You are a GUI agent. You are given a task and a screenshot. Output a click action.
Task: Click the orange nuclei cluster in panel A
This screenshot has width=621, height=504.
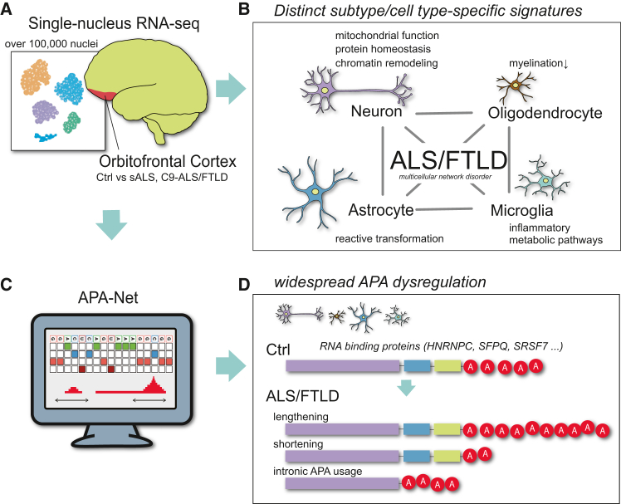click(x=36, y=77)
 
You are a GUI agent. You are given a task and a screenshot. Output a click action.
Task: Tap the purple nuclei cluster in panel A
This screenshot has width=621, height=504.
click(x=45, y=113)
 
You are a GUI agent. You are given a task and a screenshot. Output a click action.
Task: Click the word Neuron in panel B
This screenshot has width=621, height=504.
click(x=376, y=111)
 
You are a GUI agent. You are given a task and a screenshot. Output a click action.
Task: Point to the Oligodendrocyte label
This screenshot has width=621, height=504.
click(x=545, y=113)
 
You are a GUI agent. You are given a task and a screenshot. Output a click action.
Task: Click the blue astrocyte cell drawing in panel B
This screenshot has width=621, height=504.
click(x=315, y=191)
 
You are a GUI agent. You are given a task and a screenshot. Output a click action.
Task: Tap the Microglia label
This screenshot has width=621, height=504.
click(x=521, y=210)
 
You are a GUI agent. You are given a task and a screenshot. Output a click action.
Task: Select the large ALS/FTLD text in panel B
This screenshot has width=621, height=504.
click(x=448, y=160)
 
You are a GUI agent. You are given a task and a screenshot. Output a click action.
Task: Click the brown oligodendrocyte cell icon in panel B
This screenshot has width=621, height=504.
click(x=516, y=86)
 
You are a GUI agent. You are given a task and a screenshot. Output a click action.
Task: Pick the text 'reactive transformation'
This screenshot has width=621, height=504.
click(x=389, y=238)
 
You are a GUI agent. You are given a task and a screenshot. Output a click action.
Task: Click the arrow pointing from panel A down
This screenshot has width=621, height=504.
click(x=111, y=225)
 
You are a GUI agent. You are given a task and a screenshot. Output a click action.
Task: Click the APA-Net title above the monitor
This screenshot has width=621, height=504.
click(x=108, y=297)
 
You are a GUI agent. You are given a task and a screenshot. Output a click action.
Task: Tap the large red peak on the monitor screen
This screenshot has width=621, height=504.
click(x=153, y=385)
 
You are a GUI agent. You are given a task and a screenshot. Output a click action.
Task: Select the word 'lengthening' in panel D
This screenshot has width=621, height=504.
click(x=301, y=417)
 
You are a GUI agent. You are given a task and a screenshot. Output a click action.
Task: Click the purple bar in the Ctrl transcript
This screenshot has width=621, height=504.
click(x=343, y=365)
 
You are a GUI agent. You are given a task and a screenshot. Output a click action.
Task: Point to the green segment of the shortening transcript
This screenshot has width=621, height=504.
click(x=447, y=457)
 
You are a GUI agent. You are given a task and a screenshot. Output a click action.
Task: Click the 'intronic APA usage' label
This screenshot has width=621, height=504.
click(x=318, y=471)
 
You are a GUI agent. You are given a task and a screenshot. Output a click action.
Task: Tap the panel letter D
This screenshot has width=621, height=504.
click(x=244, y=284)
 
